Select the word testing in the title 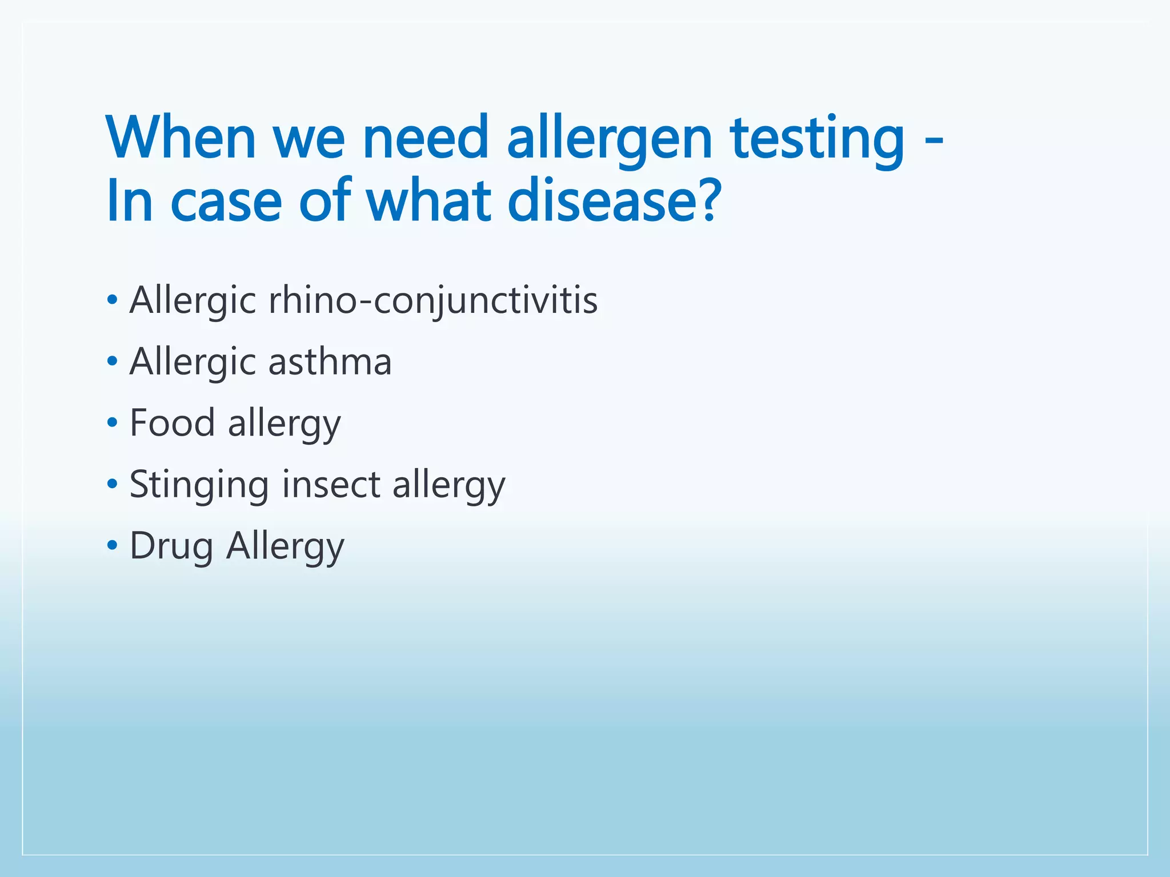pyautogui.click(x=818, y=139)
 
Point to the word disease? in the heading pyautogui.click(x=614, y=201)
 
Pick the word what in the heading pyautogui.click(x=429, y=201)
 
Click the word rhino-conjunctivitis pyautogui.click(x=432, y=301)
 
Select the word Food pyautogui.click(x=172, y=423)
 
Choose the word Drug pyautogui.click(x=171, y=547)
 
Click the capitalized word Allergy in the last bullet pyautogui.click(x=285, y=547)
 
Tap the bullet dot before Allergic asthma pyautogui.click(x=112, y=361)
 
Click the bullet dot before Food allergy pyautogui.click(x=112, y=423)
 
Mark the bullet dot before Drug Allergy pyautogui.click(x=112, y=546)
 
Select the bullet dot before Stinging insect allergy pyautogui.click(x=112, y=485)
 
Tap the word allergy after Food pyautogui.click(x=284, y=424)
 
